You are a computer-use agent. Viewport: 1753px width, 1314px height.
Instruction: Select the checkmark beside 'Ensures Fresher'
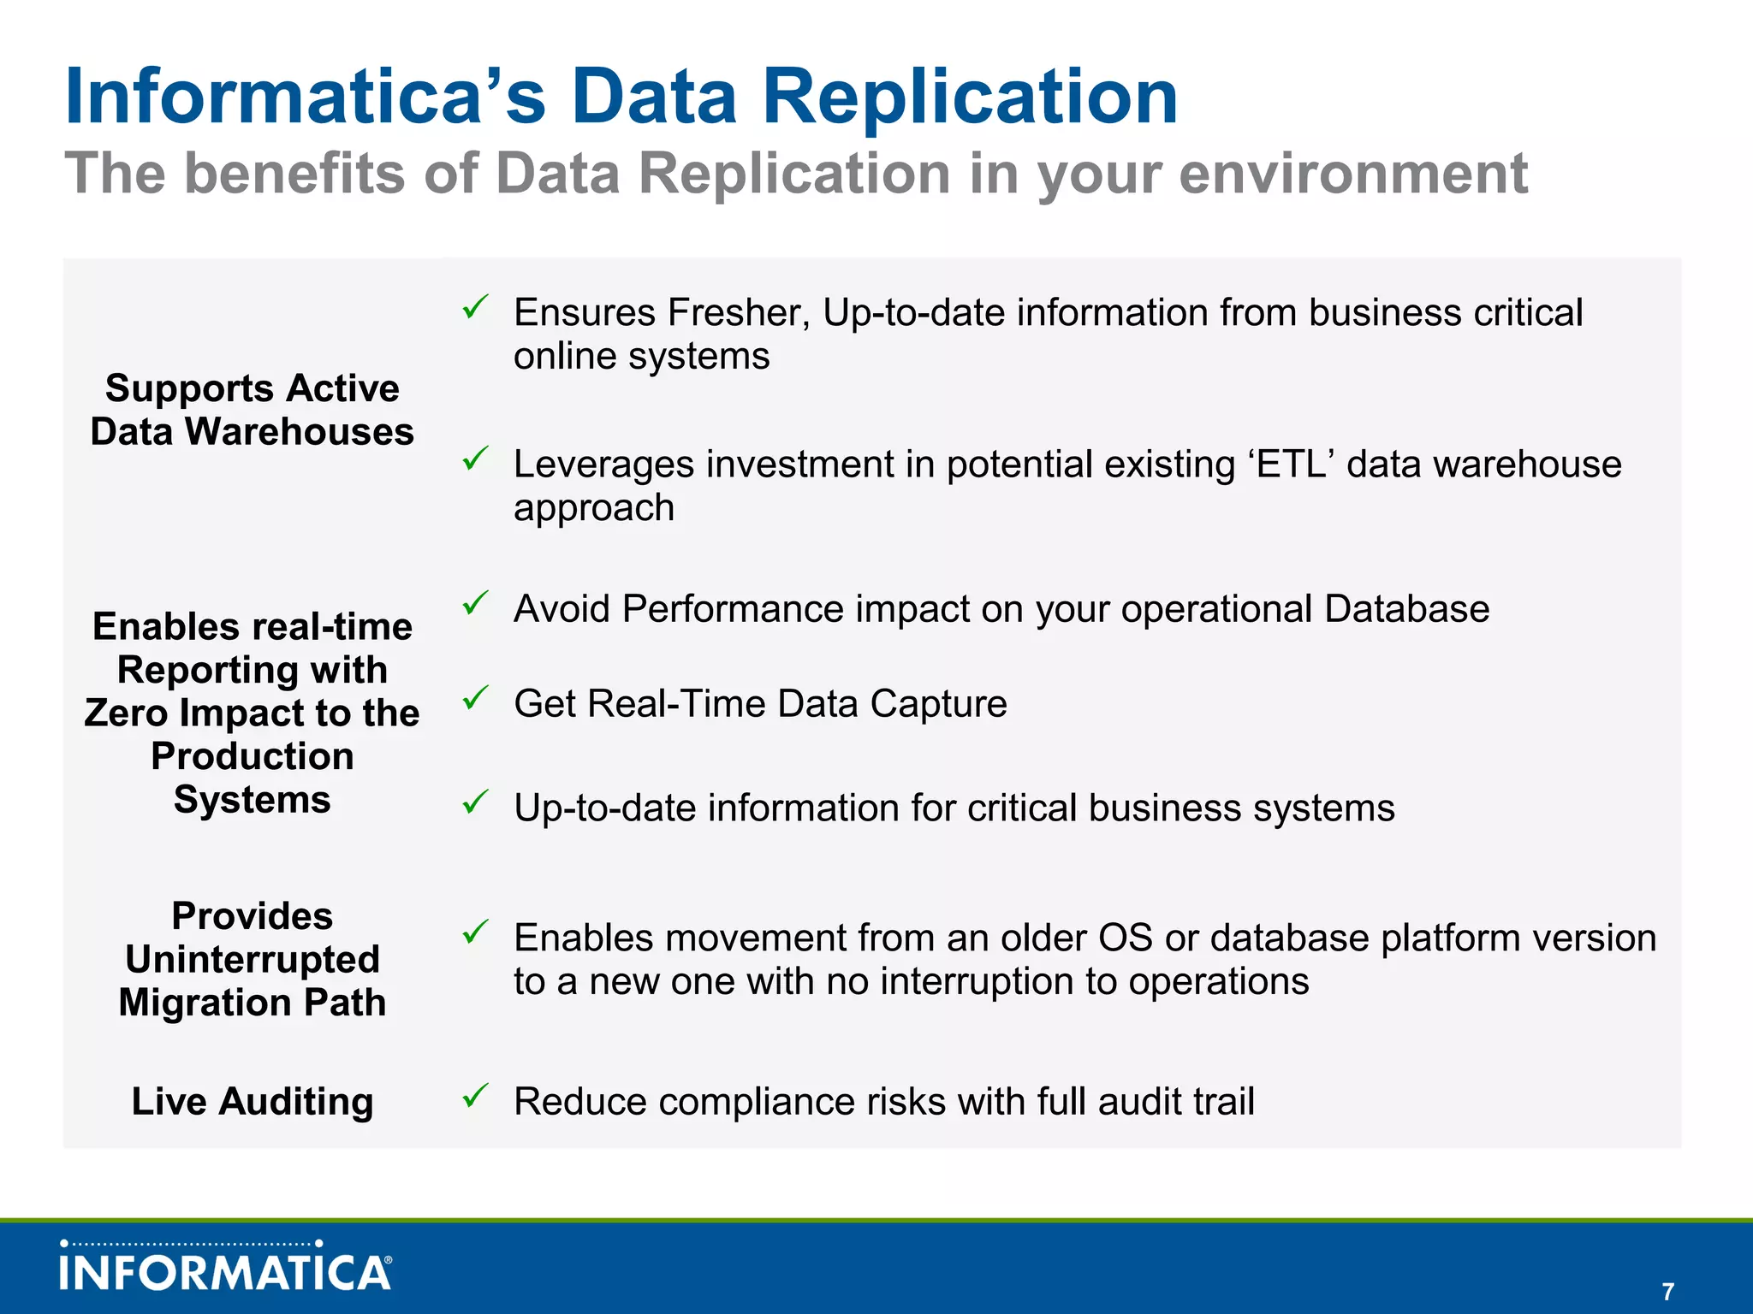475,306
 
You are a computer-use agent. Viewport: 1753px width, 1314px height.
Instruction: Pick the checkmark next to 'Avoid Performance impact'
475,603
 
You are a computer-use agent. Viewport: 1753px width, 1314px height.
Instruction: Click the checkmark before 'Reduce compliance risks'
475,1095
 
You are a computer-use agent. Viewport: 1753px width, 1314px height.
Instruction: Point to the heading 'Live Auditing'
253,1101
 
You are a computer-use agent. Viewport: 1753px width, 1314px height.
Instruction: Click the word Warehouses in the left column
300,431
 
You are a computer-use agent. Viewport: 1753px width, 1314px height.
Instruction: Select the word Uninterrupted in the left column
253,959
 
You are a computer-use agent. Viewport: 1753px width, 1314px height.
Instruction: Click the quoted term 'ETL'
1292,464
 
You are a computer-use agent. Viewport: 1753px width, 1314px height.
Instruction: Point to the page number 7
1667,1291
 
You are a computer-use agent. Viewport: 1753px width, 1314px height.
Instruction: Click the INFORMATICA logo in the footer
226,1268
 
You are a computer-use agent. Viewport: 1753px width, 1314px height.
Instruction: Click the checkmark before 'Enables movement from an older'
475,932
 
